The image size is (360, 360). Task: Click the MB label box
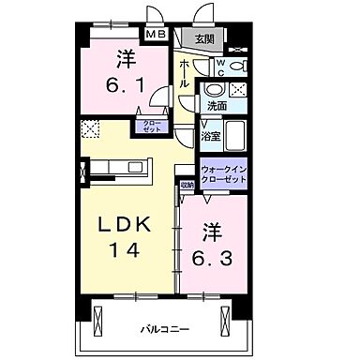pos(155,36)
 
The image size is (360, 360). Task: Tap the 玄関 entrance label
pos(204,38)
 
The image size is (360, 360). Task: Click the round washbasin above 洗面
pos(215,91)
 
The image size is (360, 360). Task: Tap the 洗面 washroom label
pos(217,107)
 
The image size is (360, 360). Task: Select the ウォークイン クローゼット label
pos(222,174)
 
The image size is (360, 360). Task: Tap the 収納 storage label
pos(187,186)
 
